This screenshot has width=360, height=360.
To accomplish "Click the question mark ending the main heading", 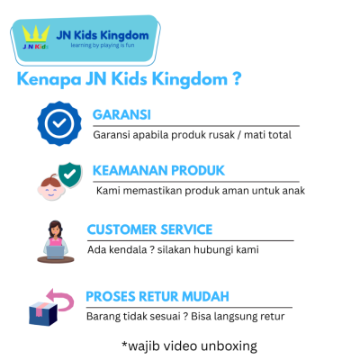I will tap(236, 79).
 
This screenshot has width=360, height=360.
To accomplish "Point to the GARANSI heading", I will tap(121, 114).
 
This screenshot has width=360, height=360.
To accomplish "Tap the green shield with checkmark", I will tap(68, 172).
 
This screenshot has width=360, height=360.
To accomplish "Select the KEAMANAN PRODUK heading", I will tap(158, 169).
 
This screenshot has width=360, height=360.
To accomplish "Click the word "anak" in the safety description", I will tap(291, 190).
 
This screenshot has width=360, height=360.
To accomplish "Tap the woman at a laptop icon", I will tap(56, 241).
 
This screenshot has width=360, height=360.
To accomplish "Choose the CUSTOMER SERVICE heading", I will tap(149, 229).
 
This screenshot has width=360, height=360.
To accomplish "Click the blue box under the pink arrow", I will tap(43, 313).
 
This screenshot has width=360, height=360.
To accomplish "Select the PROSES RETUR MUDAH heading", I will tap(157, 296).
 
